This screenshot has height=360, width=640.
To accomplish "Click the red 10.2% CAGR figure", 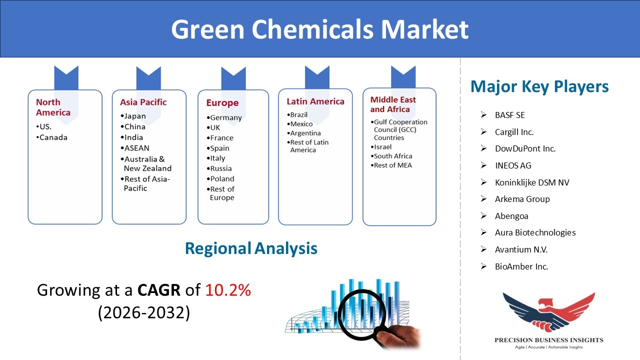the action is click(x=228, y=290).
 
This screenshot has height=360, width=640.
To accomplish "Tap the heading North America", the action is click(x=53, y=107).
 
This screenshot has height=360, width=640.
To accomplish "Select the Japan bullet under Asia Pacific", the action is click(x=133, y=116).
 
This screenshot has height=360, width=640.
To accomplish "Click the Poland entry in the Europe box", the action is click(x=220, y=179).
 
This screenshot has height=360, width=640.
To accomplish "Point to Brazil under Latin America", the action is click(x=297, y=114).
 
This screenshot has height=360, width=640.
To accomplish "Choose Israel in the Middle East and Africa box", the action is click(x=381, y=147).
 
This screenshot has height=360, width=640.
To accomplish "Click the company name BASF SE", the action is click(x=509, y=115).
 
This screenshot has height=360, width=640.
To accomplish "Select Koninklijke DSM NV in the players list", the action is click(x=532, y=182).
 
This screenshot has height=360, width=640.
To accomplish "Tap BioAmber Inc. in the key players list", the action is click(x=521, y=266).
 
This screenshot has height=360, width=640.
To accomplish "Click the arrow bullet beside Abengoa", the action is click(x=483, y=215).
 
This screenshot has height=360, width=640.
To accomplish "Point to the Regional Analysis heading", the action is click(x=251, y=248).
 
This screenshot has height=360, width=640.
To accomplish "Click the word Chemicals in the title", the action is click(x=312, y=29).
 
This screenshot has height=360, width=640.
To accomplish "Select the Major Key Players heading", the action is click(x=539, y=86).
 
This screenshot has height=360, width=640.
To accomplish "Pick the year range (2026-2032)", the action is click(x=143, y=312).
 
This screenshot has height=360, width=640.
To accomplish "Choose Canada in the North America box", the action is click(x=51, y=137).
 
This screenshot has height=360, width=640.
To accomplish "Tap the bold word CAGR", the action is click(x=159, y=290).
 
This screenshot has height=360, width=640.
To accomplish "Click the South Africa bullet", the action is click(x=391, y=156).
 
